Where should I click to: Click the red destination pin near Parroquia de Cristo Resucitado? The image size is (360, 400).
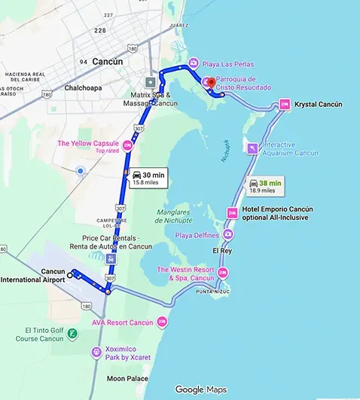(x=212, y=81)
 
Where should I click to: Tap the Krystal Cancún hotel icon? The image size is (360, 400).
(x=285, y=104)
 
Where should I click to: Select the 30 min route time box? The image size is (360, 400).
(x=148, y=178)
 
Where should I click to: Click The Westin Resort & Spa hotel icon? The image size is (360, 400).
(x=222, y=273)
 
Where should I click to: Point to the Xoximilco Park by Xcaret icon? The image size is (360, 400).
(x=96, y=352)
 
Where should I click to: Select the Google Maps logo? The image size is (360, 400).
(x=200, y=389)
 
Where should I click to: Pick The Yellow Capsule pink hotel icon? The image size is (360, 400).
(x=128, y=145)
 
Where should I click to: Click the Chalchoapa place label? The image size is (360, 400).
(x=67, y=87)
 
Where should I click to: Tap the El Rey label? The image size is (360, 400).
(x=222, y=250)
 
